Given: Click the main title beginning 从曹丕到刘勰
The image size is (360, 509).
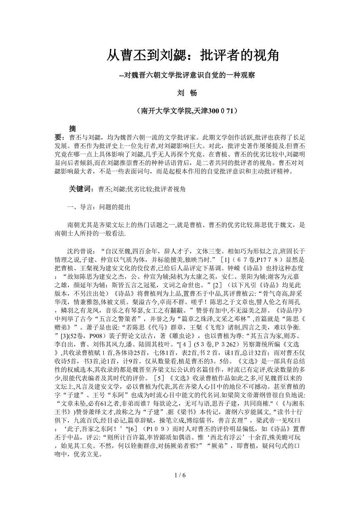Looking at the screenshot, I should coord(193,56).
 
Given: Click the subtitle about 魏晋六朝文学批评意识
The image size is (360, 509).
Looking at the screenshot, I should coord(187,75).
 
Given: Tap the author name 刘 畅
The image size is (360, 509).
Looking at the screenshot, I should coord(187,93).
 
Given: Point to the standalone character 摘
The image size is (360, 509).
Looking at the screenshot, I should coord(72,129).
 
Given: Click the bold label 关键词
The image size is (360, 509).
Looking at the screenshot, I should coord(81,189).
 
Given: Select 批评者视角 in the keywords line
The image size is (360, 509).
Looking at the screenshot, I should coord(170,189).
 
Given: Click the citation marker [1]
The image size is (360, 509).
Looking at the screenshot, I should coord(228,260).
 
